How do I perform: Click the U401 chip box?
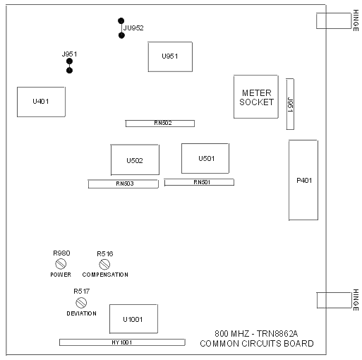point(41,102)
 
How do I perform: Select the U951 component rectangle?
point(170,56)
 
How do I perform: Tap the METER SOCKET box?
point(256,97)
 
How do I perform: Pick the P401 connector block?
point(303,180)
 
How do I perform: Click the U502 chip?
point(135,160)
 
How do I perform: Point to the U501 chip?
point(205,158)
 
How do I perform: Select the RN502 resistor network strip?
point(160,124)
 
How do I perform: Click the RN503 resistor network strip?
point(123,184)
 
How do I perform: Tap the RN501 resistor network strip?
point(199,182)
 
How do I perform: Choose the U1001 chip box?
point(133,319)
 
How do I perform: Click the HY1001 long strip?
point(122,342)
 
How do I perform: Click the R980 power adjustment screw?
point(61,264)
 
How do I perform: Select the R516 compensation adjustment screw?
point(104,264)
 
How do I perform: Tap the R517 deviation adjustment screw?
point(81,302)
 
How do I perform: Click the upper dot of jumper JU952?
point(121,21)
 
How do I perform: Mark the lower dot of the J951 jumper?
point(69,71)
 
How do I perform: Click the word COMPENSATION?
point(105,275)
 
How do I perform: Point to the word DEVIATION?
point(82,313)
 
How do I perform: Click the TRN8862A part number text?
point(277,334)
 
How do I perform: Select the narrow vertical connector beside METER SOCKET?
point(290,104)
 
